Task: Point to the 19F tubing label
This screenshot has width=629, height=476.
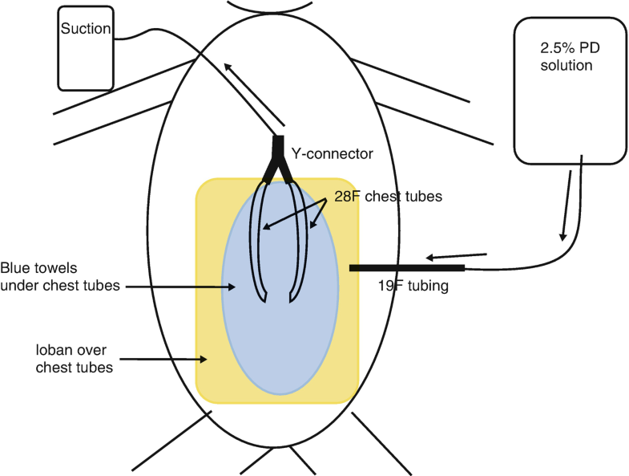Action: [x=405, y=283]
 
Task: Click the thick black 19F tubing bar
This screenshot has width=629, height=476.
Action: [x=406, y=267]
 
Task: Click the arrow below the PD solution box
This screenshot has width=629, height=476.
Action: [x=567, y=204]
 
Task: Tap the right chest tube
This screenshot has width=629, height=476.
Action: [x=302, y=241]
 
